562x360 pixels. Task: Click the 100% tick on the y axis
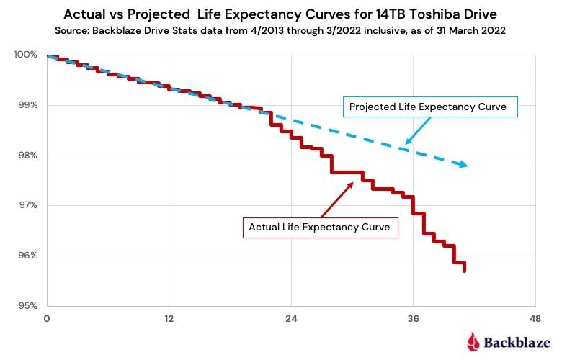coord(26,55)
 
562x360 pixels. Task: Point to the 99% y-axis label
coord(28,106)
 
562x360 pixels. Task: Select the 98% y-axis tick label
coord(28,156)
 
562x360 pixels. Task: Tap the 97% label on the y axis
coord(28,206)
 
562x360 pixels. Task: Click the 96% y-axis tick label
coord(28,256)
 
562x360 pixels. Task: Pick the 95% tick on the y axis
coord(28,306)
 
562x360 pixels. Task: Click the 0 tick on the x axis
coord(47,318)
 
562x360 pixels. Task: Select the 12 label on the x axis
coord(169,318)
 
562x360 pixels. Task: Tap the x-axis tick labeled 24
coord(291,318)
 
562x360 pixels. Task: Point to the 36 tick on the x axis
coord(414,318)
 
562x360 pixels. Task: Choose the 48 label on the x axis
coord(535,318)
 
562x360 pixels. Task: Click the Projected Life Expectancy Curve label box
coord(433,107)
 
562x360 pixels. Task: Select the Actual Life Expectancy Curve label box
coord(319,227)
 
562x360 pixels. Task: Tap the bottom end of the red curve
coord(465,271)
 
